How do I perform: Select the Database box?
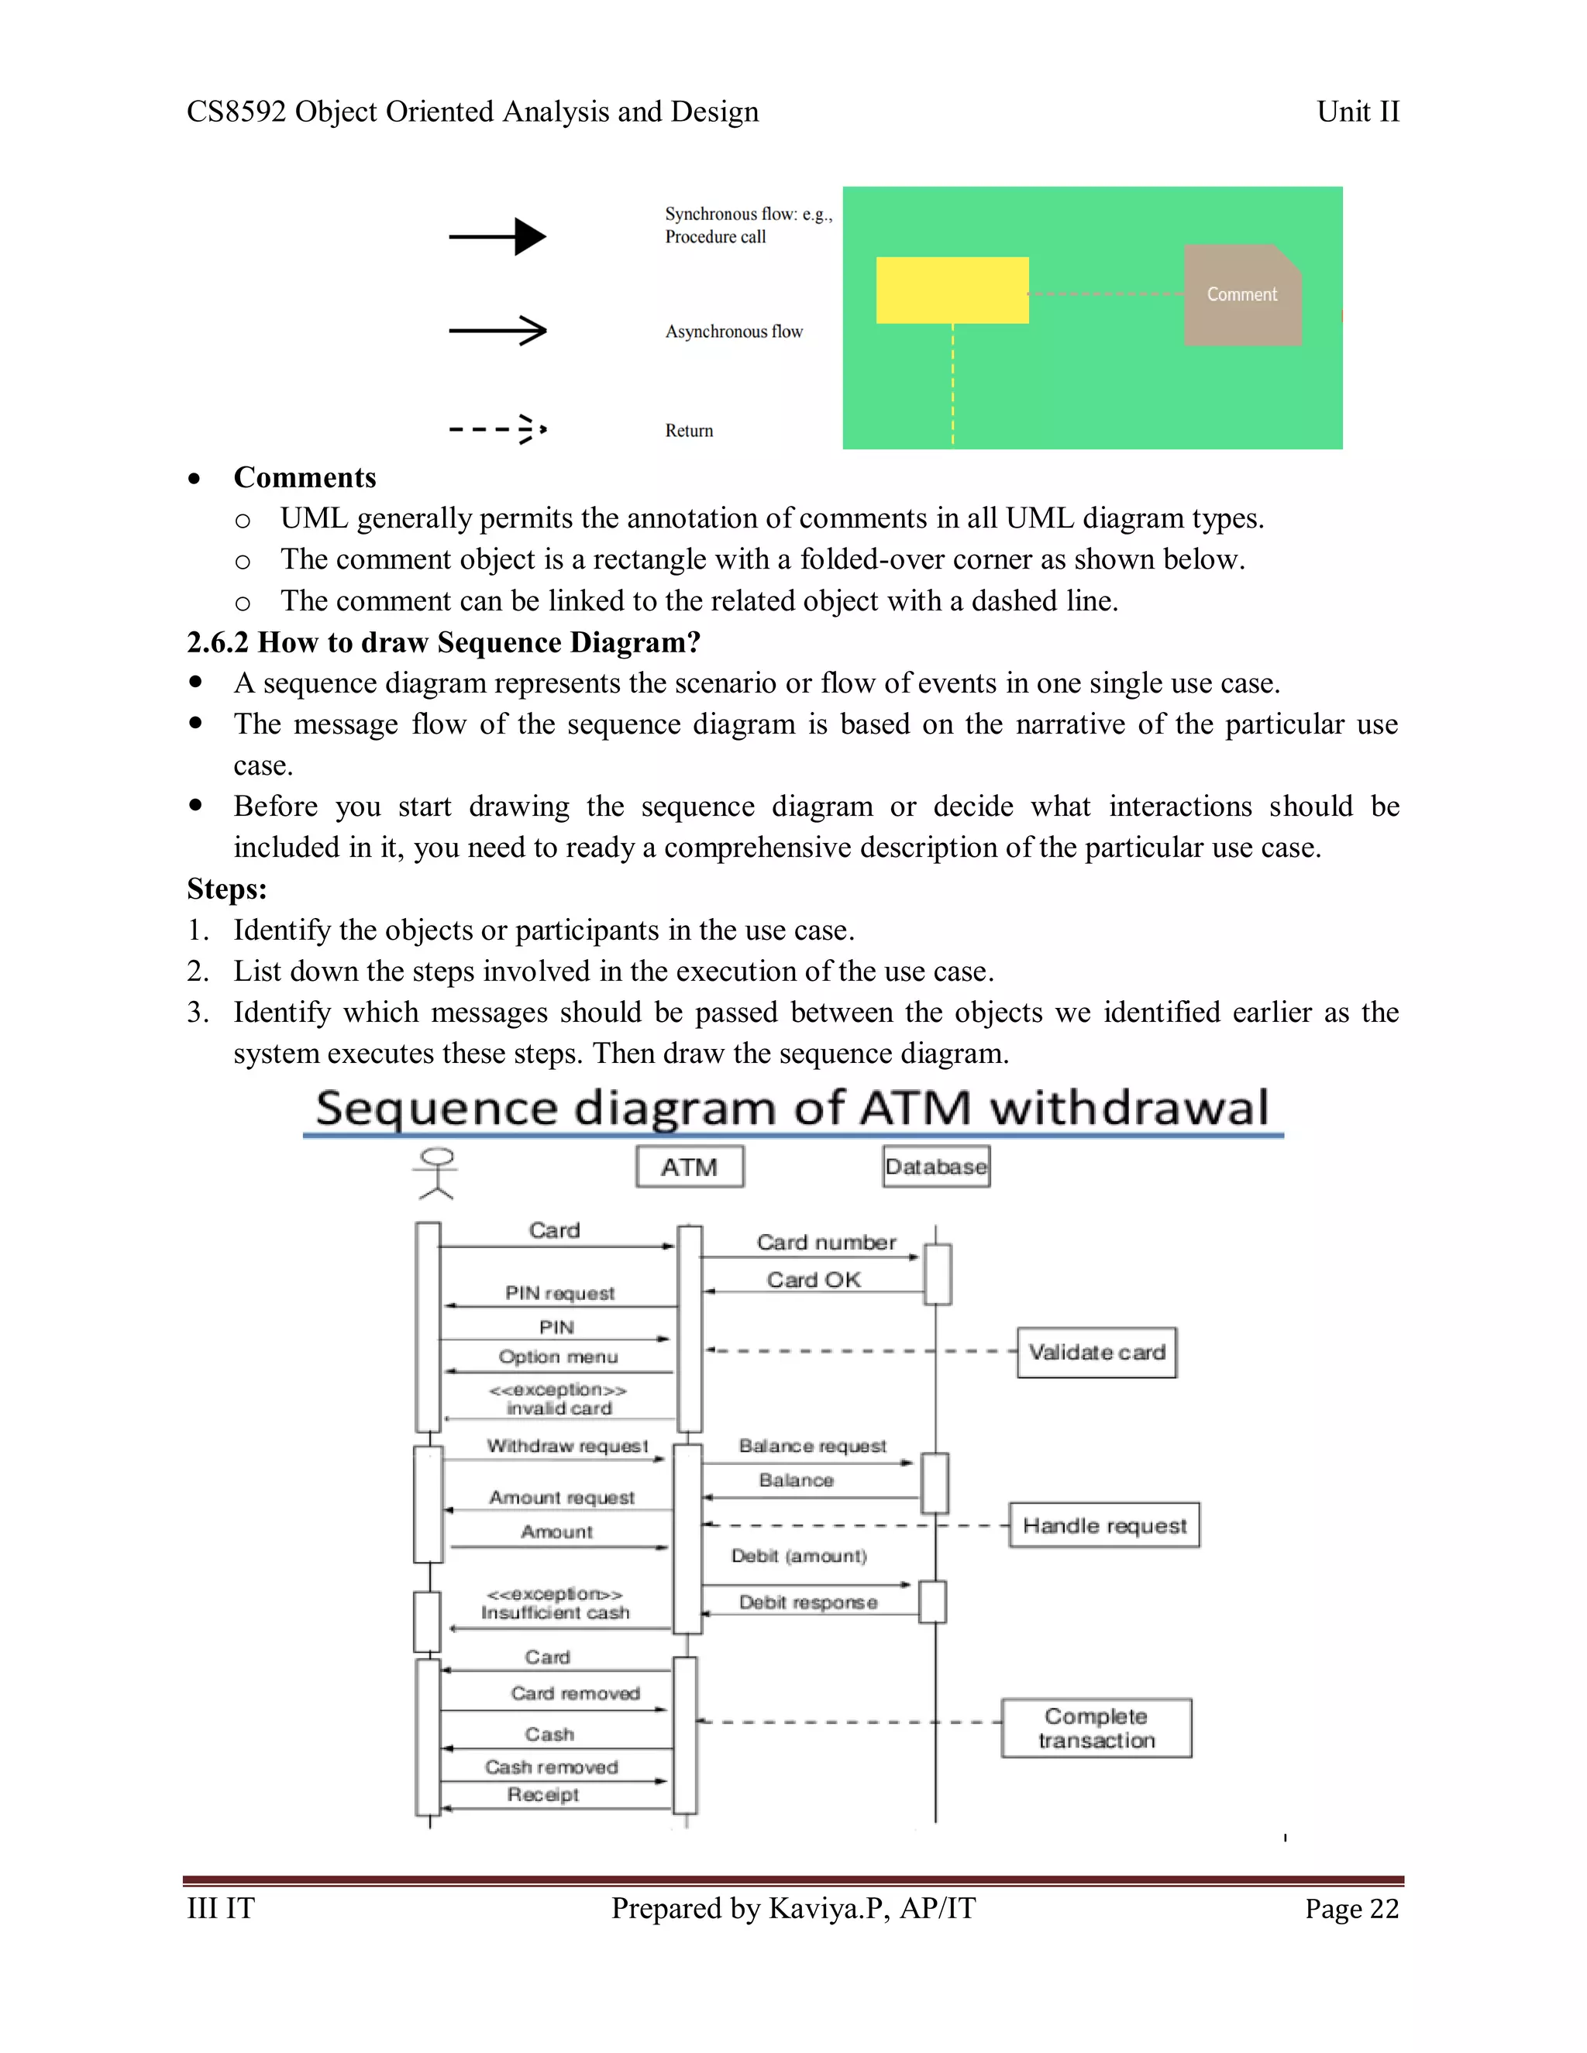point(935,1167)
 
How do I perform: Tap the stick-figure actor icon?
point(436,1173)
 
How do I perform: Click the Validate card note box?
point(1096,1353)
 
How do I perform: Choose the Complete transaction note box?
point(1096,1728)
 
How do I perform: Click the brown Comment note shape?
point(1242,294)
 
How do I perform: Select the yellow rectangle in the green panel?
point(952,290)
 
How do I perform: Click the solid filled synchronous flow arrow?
point(497,237)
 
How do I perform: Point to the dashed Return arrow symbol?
point(497,430)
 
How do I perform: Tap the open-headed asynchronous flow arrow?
point(497,331)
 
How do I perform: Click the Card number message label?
point(826,1242)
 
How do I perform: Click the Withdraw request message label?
point(567,1446)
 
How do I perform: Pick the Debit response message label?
point(807,1602)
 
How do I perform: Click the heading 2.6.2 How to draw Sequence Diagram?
point(444,642)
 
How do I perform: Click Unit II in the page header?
point(1358,112)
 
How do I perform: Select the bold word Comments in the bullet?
point(305,477)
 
